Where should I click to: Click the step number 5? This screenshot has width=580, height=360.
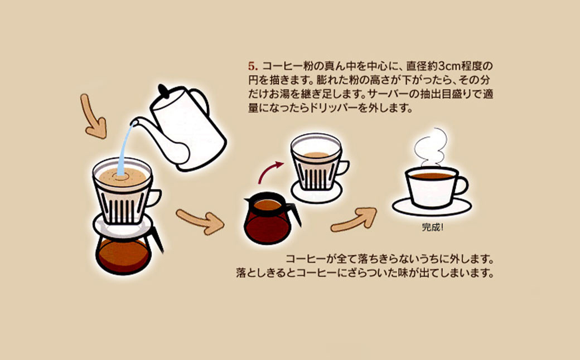(252, 64)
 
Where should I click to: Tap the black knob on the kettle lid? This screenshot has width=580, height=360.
(163, 90)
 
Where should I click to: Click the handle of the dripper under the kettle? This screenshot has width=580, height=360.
(154, 197)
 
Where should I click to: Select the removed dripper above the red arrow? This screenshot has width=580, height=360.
(315, 162)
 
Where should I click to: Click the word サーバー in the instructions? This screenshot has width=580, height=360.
(385, 95)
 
